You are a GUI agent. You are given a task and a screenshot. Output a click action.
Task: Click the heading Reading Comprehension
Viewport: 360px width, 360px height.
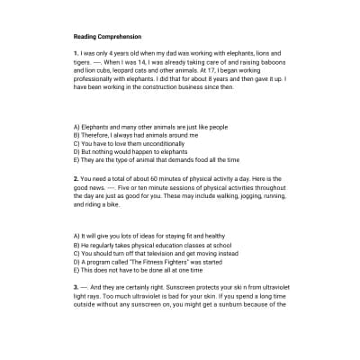[107, 37]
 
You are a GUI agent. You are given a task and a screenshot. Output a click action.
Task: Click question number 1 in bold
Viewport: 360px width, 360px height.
[76, 54]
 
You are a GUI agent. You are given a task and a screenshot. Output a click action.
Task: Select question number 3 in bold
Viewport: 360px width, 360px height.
[76, 286]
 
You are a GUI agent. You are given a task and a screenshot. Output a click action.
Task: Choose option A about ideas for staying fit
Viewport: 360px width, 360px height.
[148, 236]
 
